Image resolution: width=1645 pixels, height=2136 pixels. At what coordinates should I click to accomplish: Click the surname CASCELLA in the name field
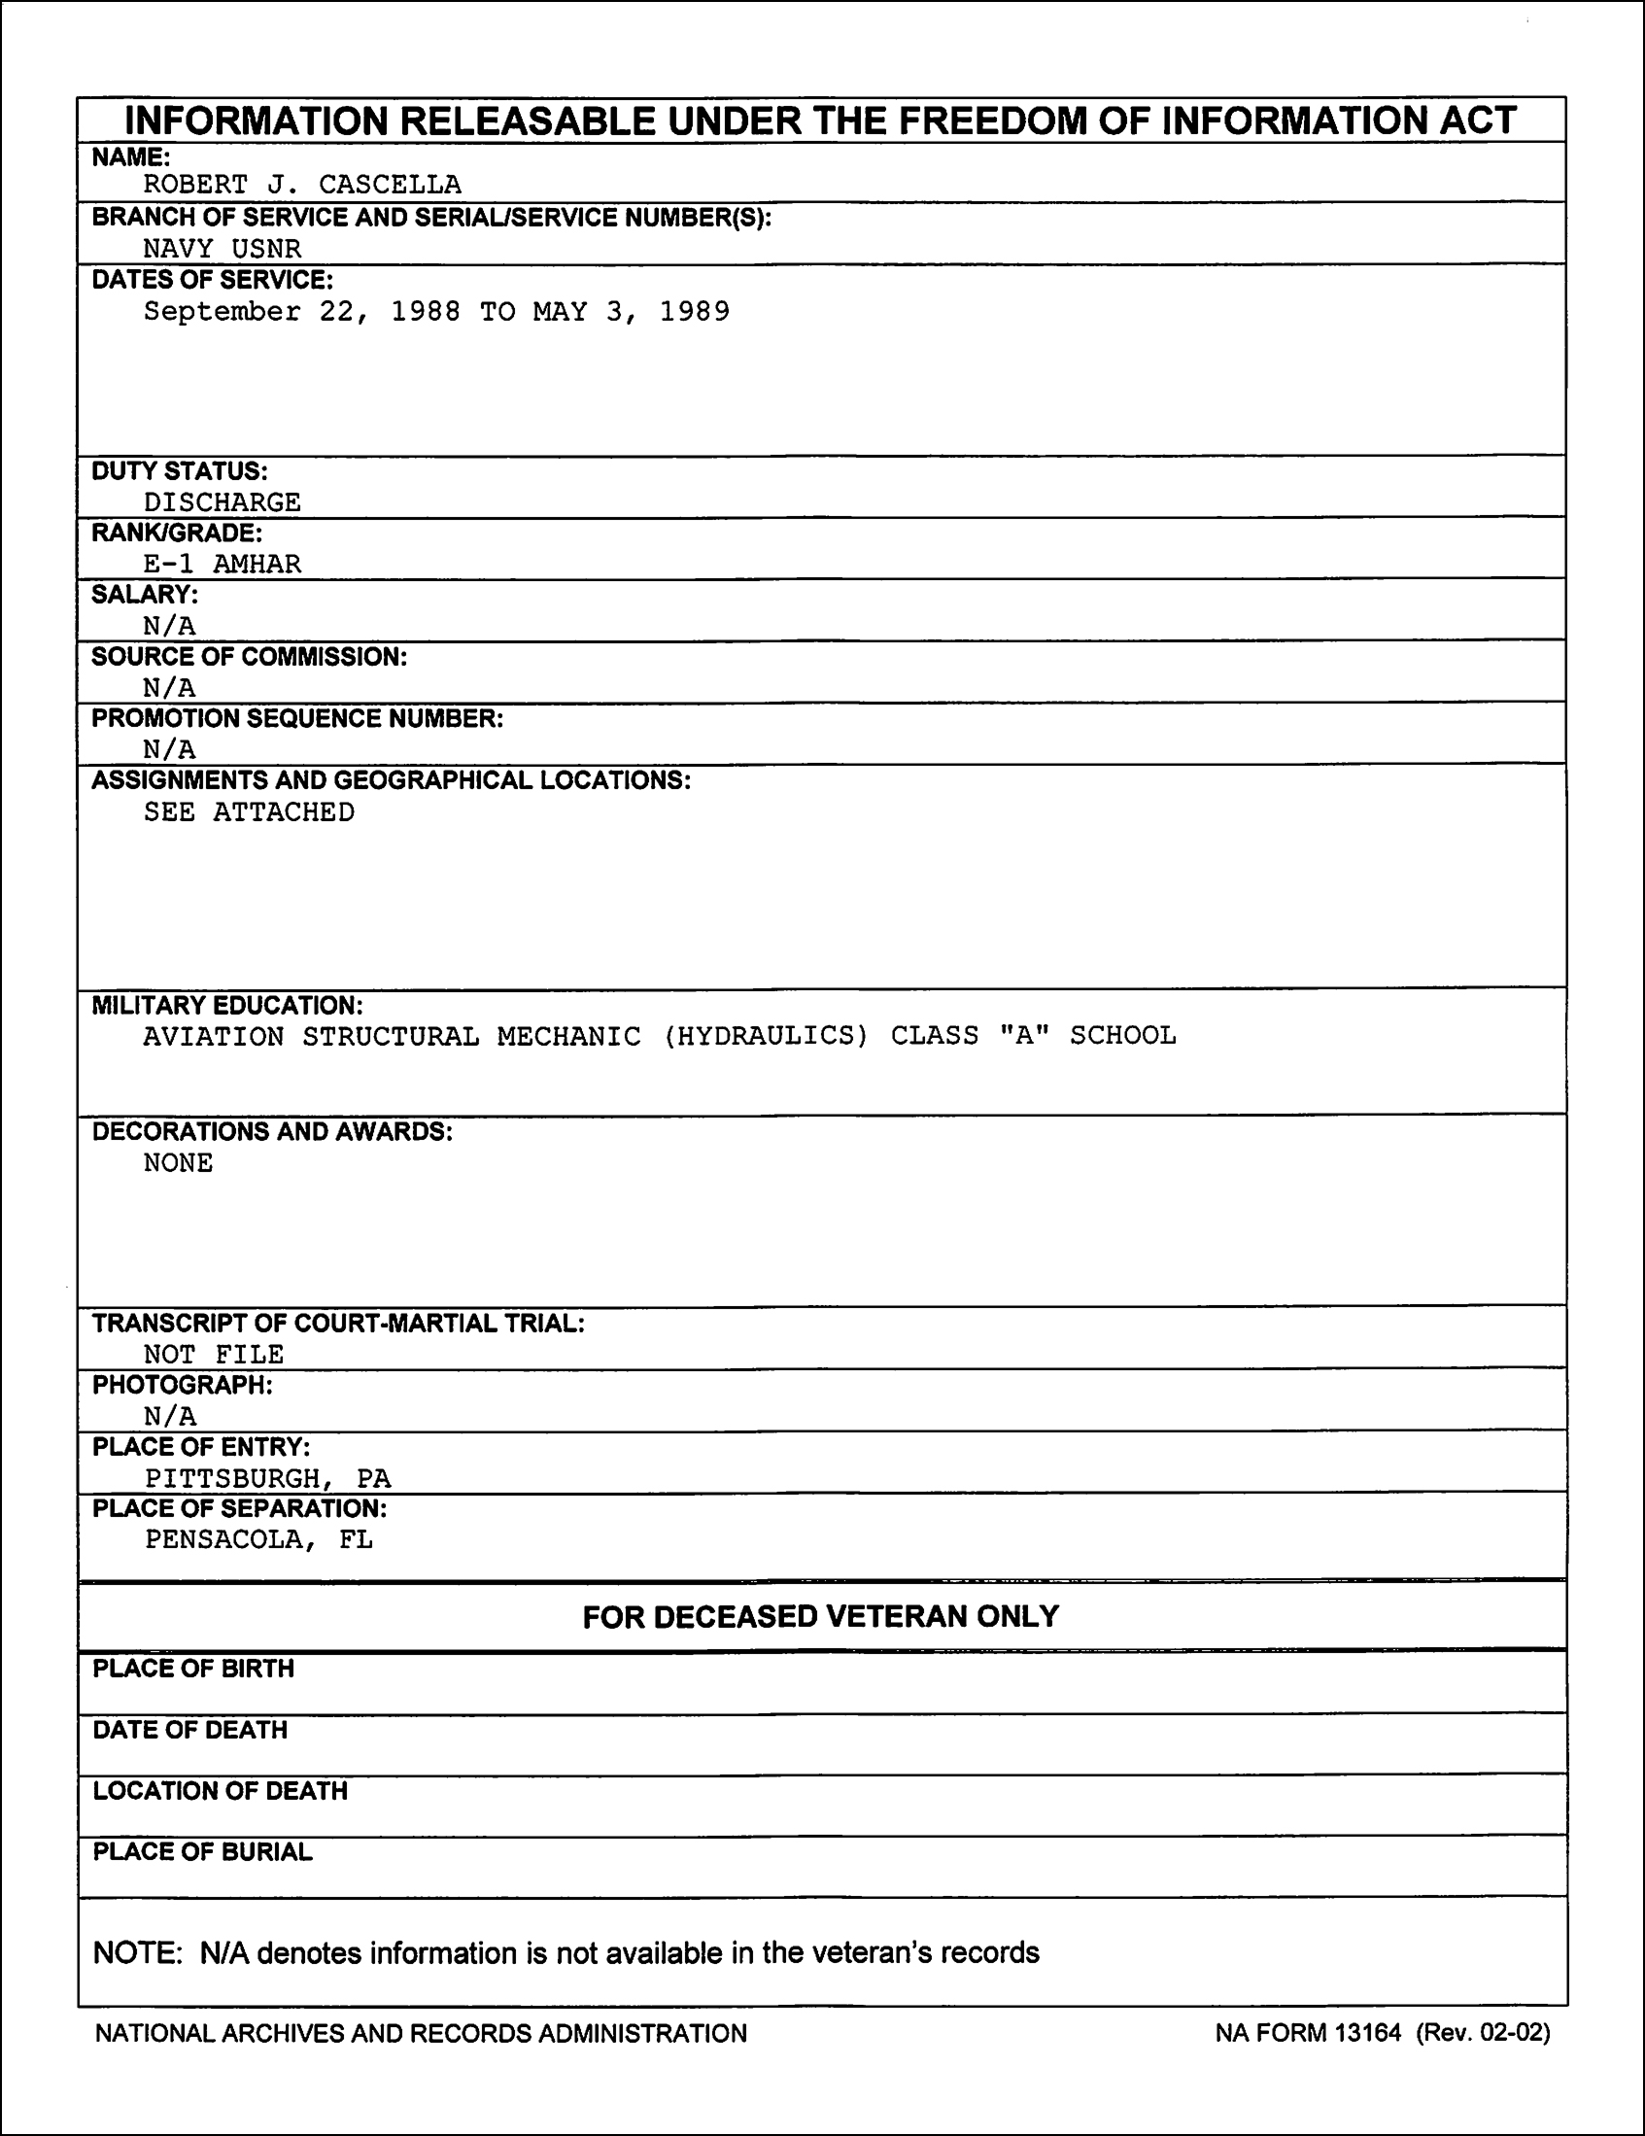[390, 185]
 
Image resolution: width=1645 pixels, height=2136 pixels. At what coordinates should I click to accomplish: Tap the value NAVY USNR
[222, 249]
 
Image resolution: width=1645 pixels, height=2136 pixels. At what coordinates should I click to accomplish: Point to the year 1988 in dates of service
[426, 312]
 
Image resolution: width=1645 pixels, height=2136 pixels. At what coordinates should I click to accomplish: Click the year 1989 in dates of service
[695, 312]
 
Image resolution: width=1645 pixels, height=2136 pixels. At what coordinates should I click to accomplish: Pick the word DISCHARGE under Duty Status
[222, 502]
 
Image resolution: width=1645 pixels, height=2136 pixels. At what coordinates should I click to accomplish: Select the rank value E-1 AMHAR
[222, 565]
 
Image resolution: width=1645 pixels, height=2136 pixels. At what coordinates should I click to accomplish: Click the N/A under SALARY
[169, 626]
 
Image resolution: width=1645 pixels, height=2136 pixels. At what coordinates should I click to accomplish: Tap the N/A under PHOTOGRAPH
[169, 1416]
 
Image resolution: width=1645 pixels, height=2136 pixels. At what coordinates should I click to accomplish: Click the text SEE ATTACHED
[249, 812]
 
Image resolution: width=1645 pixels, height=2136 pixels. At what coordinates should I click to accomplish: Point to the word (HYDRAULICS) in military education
[766, 1036]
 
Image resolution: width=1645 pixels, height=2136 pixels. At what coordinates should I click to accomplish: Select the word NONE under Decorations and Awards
[178, 1163]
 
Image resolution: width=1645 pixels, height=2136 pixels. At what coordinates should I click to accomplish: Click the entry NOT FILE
[213, 1355]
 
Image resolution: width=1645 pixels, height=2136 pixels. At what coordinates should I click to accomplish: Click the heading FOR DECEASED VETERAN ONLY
[820, 1616]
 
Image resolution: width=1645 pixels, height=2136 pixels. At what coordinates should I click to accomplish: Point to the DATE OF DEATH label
[189, 1730]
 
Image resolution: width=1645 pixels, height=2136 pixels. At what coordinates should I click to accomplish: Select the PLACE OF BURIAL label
[202, 1852]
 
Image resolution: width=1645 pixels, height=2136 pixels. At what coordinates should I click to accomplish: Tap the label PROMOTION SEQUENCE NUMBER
[297, 719]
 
